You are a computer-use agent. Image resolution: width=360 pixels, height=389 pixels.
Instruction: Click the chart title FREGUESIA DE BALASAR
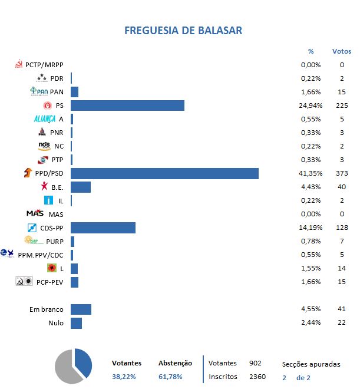pos(183,30)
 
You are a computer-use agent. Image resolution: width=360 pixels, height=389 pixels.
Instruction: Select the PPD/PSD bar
pos(164,173)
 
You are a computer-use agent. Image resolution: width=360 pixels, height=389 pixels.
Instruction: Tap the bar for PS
pos(127,106)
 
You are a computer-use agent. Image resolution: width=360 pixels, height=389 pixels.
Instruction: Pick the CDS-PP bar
pos(103,228)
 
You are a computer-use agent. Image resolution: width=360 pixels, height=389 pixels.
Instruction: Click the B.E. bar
pos(81,187)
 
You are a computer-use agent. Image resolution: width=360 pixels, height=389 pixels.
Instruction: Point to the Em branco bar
pos(81,309)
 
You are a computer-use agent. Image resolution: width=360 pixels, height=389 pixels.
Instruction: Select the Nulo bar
pos(76,323)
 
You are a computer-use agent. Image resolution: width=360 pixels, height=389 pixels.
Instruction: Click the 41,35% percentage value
pos(311,173)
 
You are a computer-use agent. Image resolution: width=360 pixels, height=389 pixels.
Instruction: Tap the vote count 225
pos(341,106)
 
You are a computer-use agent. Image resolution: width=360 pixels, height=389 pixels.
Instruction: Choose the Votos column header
pos(341,51)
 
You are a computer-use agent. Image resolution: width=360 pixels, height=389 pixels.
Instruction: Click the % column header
pos(311,51)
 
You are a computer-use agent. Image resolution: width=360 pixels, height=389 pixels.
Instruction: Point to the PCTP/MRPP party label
pos(44,65)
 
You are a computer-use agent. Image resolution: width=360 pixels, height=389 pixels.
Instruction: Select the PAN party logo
pos(39,91)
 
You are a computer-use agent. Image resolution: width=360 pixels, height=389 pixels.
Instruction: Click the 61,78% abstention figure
pos(171,377)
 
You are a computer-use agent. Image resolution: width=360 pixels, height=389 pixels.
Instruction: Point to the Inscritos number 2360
pos(257,377)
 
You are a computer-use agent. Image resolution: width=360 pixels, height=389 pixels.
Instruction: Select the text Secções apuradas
pos(311,364)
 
